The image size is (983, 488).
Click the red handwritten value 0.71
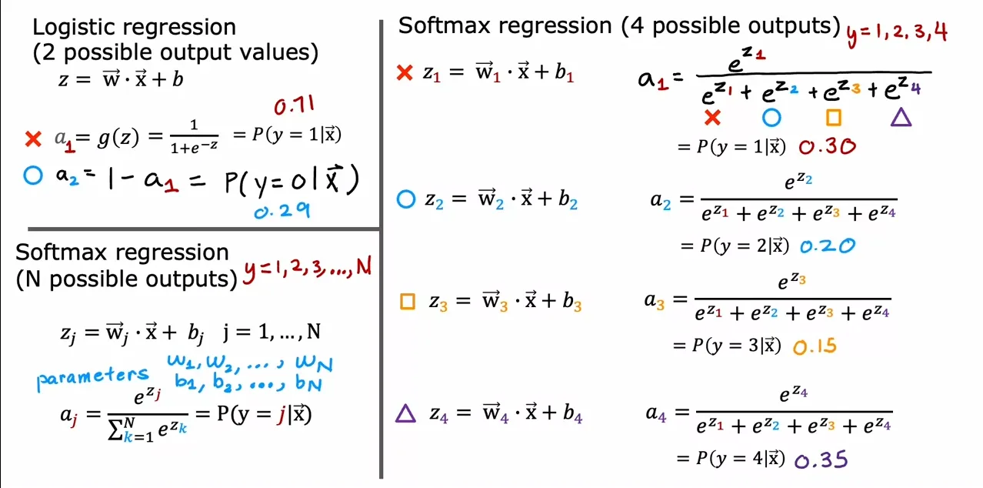pos(295,105)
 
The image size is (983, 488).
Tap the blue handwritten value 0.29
pos(282,211)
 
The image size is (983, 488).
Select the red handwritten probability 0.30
pos(827,146)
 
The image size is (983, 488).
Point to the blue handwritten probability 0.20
pos(828,246)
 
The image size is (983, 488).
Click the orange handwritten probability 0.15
pos(815,346)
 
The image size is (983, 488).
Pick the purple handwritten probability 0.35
pos(821,460)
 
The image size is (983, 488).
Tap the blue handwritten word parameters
pos(92,378)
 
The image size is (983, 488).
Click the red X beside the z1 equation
pos(404,72)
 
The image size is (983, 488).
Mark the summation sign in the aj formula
pos(115,430)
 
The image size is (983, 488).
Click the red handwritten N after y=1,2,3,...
pos(364,266)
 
